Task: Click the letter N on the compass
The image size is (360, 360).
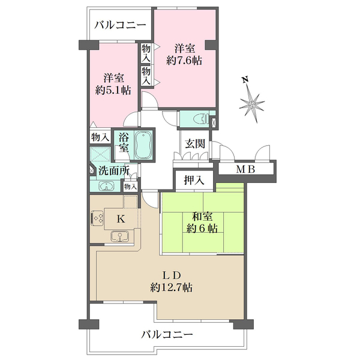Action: click(x=245, y=80)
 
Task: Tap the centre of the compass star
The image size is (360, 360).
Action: click(x=252, y=105)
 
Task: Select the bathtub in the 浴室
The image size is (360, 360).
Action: click(x=143, y=145)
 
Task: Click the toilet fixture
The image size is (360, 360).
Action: click(x=201, y=119)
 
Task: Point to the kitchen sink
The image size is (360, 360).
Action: click(x=120, y=236)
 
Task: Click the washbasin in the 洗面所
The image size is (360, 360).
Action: click(x=106, y=186)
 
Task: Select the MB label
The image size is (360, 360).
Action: click(x=245, y=170)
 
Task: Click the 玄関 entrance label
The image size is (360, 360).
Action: click(x=195, y=144)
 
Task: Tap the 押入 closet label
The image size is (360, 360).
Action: click(x=194, y=180)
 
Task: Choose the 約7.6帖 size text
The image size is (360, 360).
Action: click(x=184, y=61)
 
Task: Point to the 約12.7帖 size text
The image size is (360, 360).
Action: click(x=171, y=287)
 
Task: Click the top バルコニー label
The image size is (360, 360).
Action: click(x=121, y=25)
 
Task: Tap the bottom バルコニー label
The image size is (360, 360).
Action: click(x=167, y=335)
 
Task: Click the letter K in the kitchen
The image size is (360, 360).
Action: click(x=121, y=219)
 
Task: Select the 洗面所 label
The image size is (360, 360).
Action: click(x=114, y=170)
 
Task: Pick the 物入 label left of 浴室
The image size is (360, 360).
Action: click(x=100, y=137)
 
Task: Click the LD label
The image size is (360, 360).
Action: click(x=172, y=275)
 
